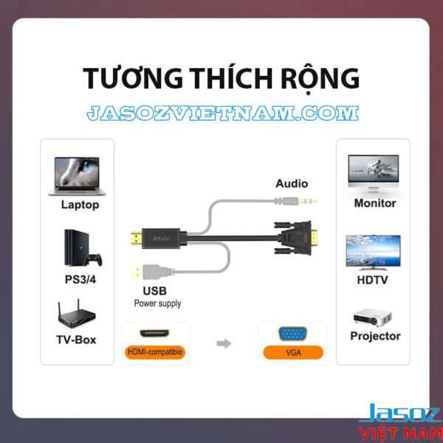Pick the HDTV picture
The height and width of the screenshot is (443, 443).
[x=374, y=251]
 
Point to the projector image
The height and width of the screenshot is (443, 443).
[x=373, y=316]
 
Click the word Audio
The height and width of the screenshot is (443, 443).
[x=292, y=183]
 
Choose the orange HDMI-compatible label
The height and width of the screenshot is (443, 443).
[x=154, y=352]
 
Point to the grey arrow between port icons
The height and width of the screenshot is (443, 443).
[x=222, y=343]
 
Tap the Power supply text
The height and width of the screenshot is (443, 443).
[x=157, y=303]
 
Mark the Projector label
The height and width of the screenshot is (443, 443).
[x=376, y=337]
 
